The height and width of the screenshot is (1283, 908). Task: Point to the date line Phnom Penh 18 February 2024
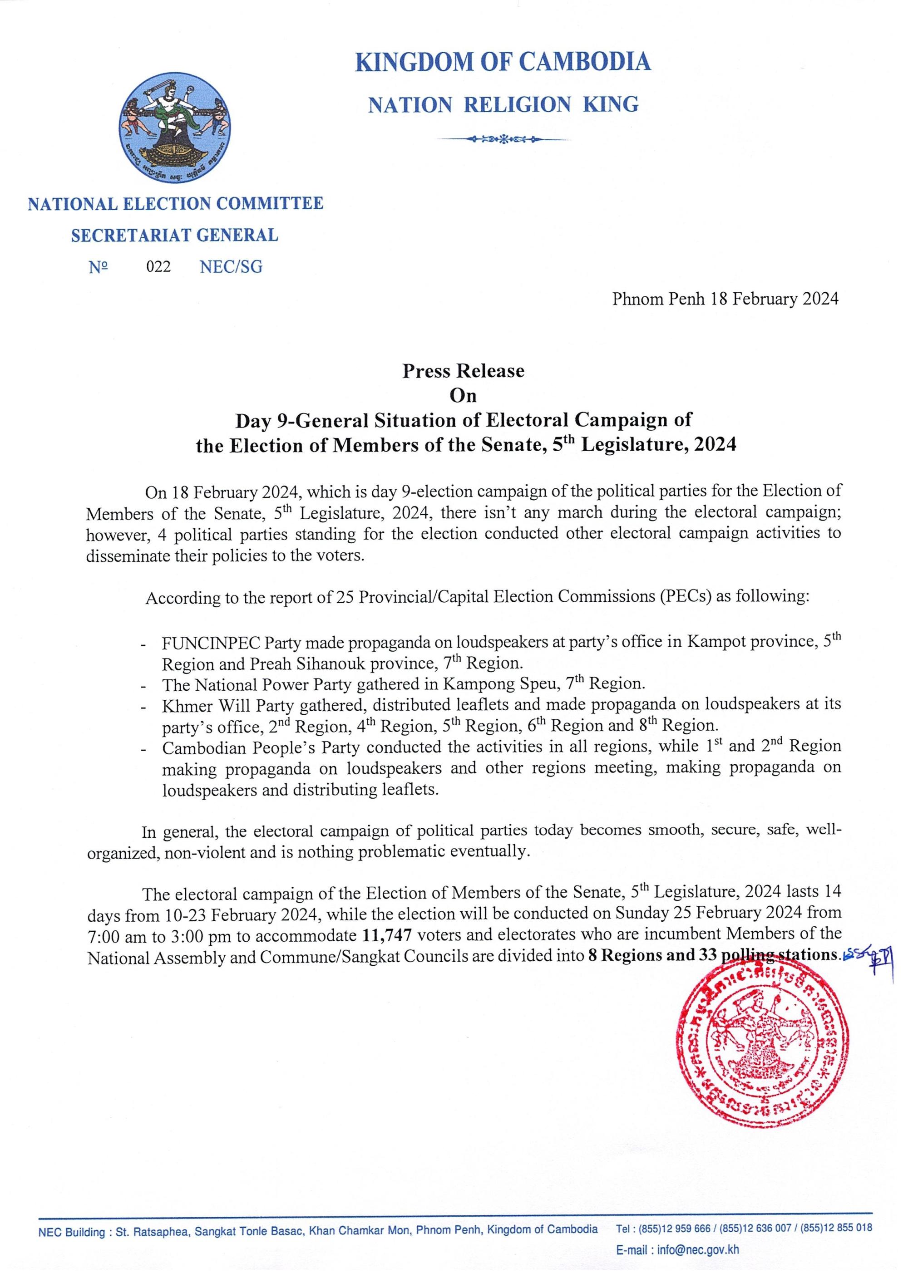point(725,300)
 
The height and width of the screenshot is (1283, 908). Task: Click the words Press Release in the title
point(463,371)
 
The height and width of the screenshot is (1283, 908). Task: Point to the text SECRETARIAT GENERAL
point(174,235)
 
